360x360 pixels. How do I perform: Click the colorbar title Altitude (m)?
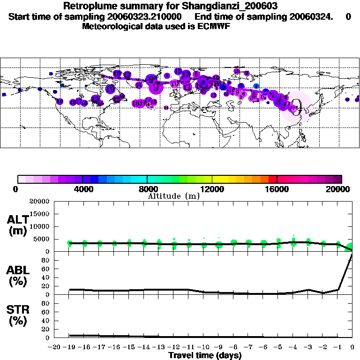(x=173, y=196)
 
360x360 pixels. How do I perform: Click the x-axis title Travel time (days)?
(x=205, y=356)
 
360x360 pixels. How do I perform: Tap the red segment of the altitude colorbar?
(x=272, y=179)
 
